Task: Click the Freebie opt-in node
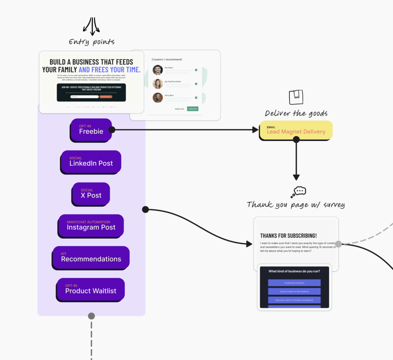[x=91, y=130]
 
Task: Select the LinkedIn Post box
[x=91, y=161]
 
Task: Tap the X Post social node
[x=91, y=193]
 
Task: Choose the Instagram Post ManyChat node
[x=91, y=225]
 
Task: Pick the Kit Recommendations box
[x=91, y=257]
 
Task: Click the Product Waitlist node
[x=91, y=289]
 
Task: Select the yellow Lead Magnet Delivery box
[x=296, y=130]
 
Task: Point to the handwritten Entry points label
[x=91, y=42]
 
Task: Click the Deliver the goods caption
[x=296, y=113]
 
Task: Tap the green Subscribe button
[x=193, y=109]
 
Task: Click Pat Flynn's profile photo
[x=158, y=70]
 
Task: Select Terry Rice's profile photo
[x=158, y=98]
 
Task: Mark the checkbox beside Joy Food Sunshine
[x=196, y=84]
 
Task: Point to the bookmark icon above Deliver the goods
[x=296, y=97]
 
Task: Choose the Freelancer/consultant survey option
[x=294, y=283]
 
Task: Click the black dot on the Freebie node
[x=112, y=130]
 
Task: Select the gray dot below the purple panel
[x=91, y=316]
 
